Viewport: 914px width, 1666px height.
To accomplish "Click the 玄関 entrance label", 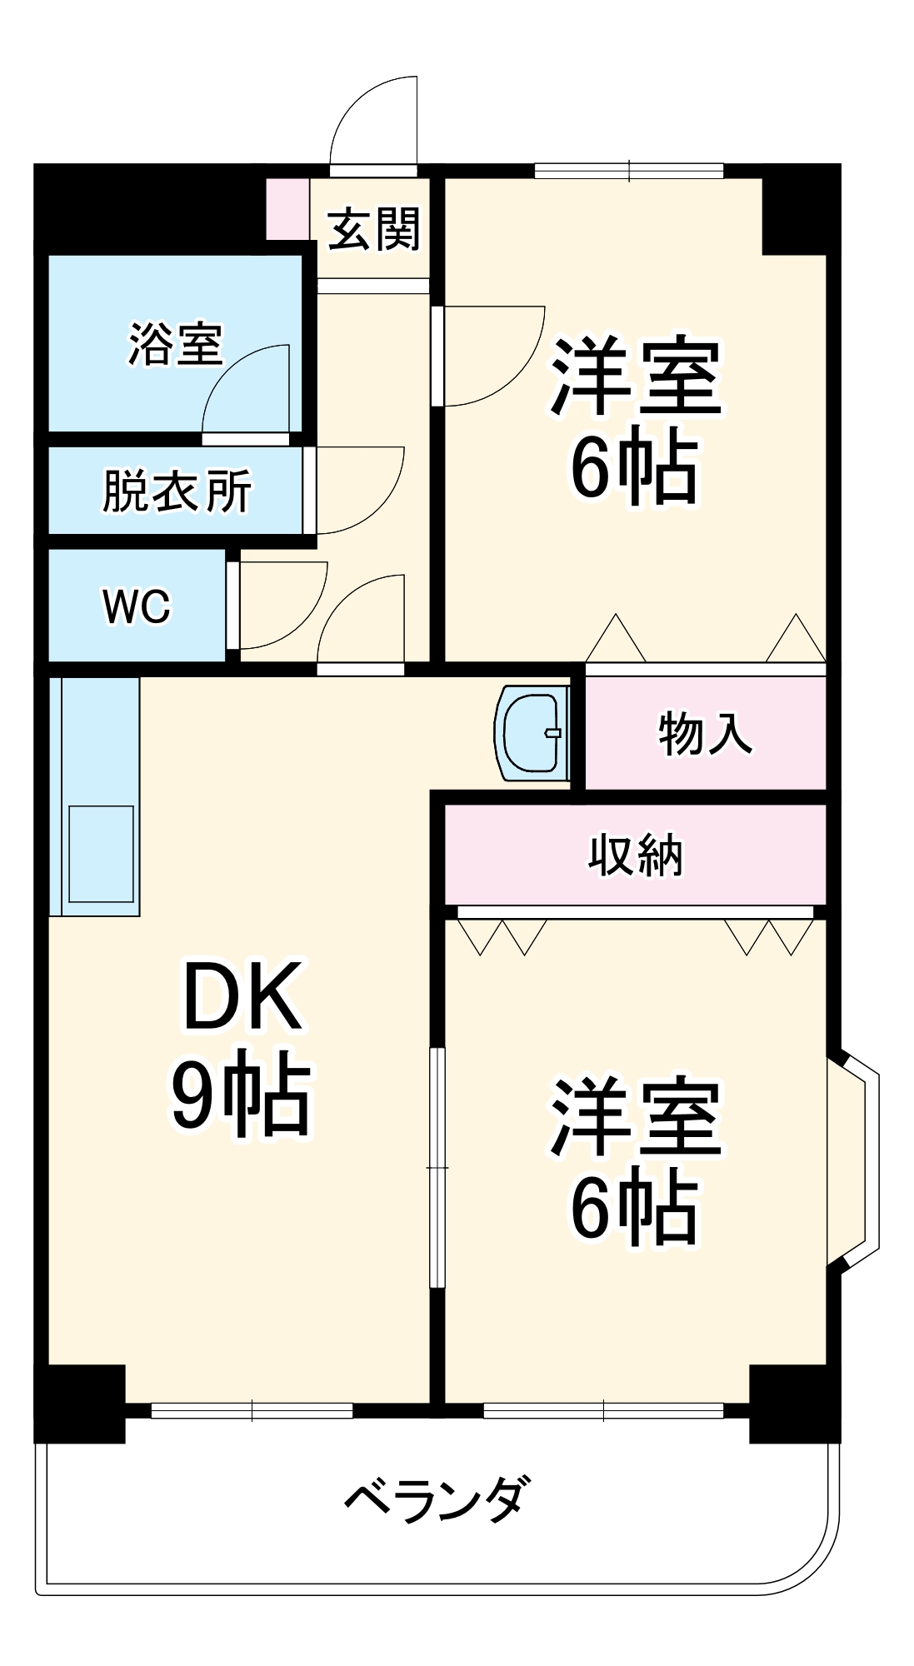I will [x=374, y=230].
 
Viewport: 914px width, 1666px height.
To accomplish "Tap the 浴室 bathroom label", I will [x=176, y=343].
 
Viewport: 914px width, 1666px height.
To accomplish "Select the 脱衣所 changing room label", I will [x=177, y=491].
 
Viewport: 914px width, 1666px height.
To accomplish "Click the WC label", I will [x=137, y=606].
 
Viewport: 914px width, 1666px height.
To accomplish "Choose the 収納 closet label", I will [x=636, y=855].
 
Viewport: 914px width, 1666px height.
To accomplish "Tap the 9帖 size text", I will [x=242, y=1093].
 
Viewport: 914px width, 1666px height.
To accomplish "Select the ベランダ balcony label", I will [x=437, y=1499].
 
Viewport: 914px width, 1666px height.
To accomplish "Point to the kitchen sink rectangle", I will [x=101, y=853].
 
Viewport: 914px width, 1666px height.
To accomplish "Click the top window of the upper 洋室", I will [x=629, y=171].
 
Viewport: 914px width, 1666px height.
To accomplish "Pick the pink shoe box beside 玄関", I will [x=287, y=207].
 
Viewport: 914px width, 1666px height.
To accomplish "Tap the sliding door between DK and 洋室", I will [x=437, y=1167].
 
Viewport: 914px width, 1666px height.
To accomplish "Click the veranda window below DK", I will [x=252, y=1411].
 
